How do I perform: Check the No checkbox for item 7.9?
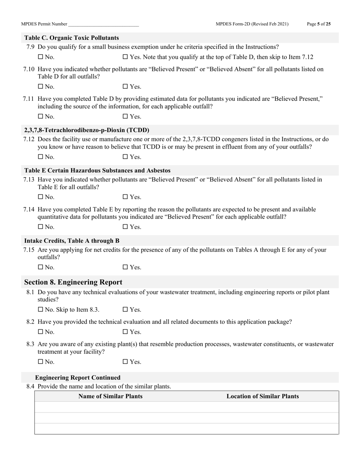41,57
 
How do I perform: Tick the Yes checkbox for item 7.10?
125,87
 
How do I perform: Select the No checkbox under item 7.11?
41,117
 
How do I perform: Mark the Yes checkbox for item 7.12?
125,157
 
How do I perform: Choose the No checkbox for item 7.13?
41,197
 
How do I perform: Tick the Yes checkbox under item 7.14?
125,227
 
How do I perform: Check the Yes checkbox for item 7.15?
125,267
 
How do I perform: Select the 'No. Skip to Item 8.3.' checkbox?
41,310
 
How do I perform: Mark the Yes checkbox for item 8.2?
125,332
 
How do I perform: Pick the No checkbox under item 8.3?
41,362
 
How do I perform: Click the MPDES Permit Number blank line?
103,24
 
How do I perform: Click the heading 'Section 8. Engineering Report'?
73,282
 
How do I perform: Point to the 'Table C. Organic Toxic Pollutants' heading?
72,38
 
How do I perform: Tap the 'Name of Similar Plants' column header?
110,396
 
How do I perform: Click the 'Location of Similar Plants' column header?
263,396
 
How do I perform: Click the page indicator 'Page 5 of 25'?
318,24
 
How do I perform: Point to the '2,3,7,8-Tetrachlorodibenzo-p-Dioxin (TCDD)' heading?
86,130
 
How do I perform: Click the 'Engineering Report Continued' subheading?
78,378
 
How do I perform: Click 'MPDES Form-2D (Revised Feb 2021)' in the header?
252,24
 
